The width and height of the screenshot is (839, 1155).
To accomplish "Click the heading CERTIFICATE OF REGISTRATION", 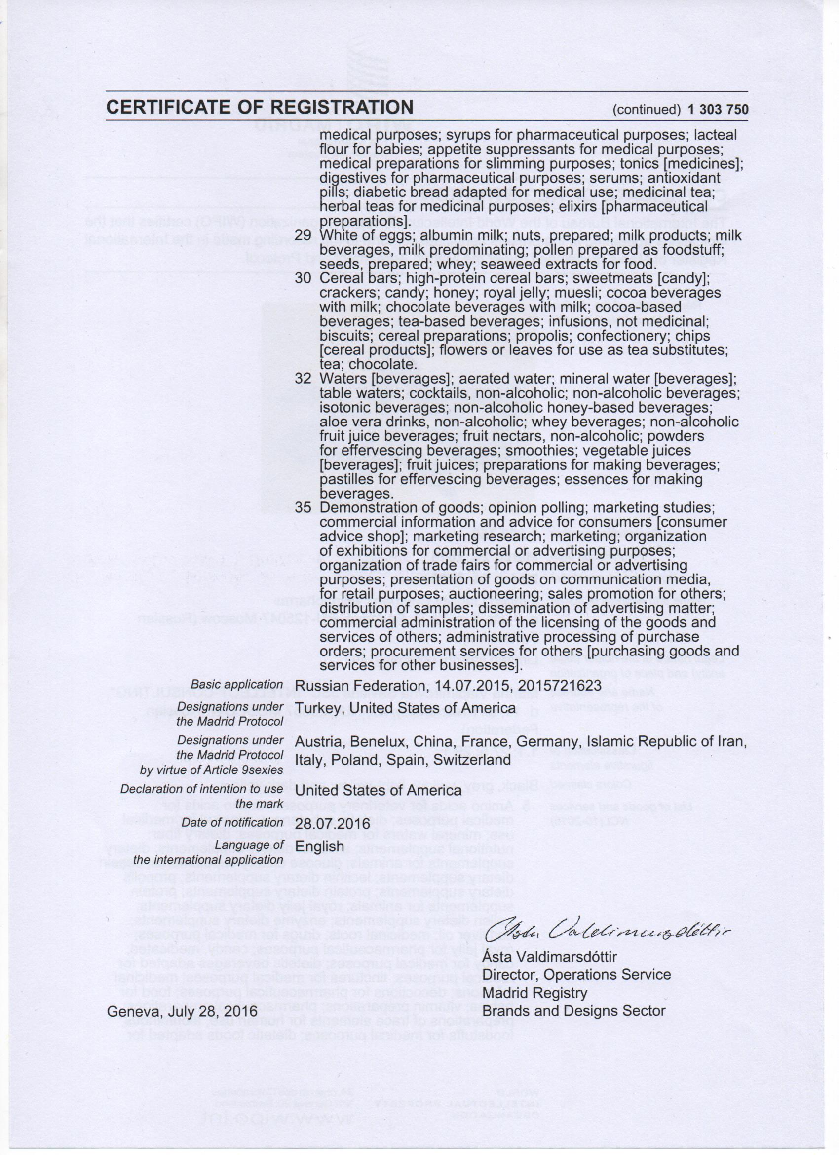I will click(260, 107).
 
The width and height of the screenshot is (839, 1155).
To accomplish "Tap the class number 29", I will click(303, 236).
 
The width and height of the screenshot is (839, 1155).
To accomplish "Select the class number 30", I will click(303, 278).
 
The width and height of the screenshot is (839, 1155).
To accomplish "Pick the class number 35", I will click(303, 508).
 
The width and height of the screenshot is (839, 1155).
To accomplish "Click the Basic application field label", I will click(237, 685).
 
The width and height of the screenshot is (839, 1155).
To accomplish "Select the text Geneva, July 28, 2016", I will click(182, 1011).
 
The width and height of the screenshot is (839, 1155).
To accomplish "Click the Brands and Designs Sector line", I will click(574, 1011).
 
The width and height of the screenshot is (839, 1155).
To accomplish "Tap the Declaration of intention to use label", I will click(201, 789).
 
